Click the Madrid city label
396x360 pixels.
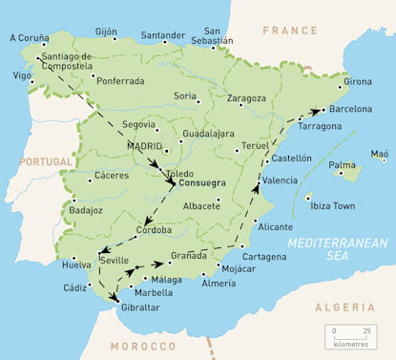[x=145, y=147]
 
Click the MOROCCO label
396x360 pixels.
[x=137, y=345]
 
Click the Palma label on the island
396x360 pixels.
[x=343, y=165]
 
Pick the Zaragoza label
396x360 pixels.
[x=246, y=97]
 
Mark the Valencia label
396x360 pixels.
[x=280, y=180]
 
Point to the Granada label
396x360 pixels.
[x=187, y=255]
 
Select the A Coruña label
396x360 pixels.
[x=29, y=38]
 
